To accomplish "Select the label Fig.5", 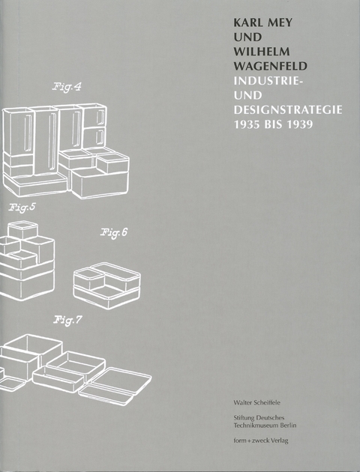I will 22,208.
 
